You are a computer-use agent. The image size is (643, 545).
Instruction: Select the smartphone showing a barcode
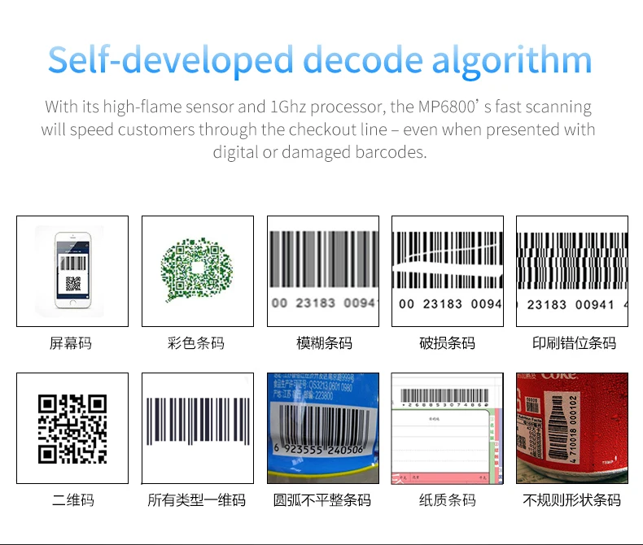[x=72, y=270]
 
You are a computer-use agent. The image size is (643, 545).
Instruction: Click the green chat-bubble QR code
[x=197, y=270]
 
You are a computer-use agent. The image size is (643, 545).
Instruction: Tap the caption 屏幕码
[x=72, y=343]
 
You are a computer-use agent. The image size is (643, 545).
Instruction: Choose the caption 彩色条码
[x=197, y=343]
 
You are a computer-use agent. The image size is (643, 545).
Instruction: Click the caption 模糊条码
[x=323, y=343]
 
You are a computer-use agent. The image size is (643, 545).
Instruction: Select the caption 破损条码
[x=448, y=343]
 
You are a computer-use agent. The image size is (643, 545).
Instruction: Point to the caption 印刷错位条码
[x=574, y=343]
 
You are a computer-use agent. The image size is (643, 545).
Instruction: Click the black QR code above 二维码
[x=72, y=428]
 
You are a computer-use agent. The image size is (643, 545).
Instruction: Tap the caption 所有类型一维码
[x=197, y=500]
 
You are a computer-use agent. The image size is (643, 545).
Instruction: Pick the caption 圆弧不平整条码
[x=323, y=500]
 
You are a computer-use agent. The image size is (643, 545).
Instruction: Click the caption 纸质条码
[x=448, y=500]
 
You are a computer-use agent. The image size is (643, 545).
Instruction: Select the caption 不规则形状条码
[x=572, y=500]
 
